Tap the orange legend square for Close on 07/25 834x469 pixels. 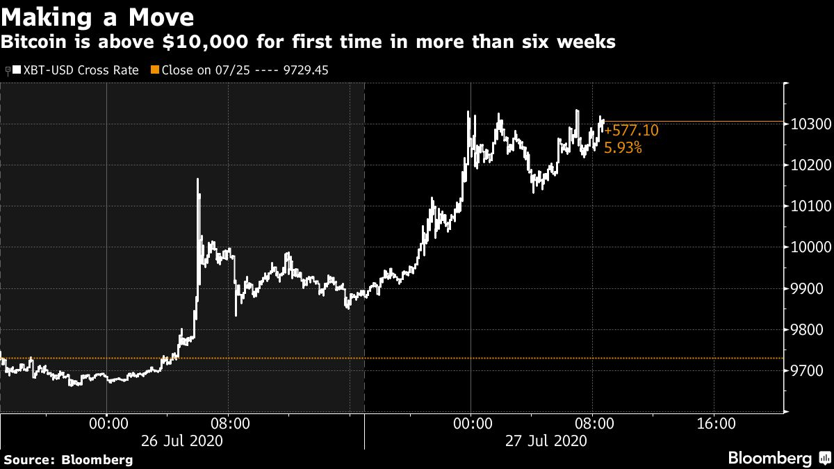click(156, 70)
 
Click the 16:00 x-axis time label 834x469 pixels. click(715, 423)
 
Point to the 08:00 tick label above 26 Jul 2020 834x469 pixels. click(229, 423)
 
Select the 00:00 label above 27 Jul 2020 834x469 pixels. click(471, 423)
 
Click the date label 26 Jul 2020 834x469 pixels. click(181, 441)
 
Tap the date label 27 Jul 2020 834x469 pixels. click(546, 441)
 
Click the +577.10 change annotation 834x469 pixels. click(631, 131)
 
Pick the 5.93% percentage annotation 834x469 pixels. click(623, 147)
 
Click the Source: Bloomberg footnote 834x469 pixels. click(68, 459)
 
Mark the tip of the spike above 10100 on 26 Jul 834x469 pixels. click(198, 179)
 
